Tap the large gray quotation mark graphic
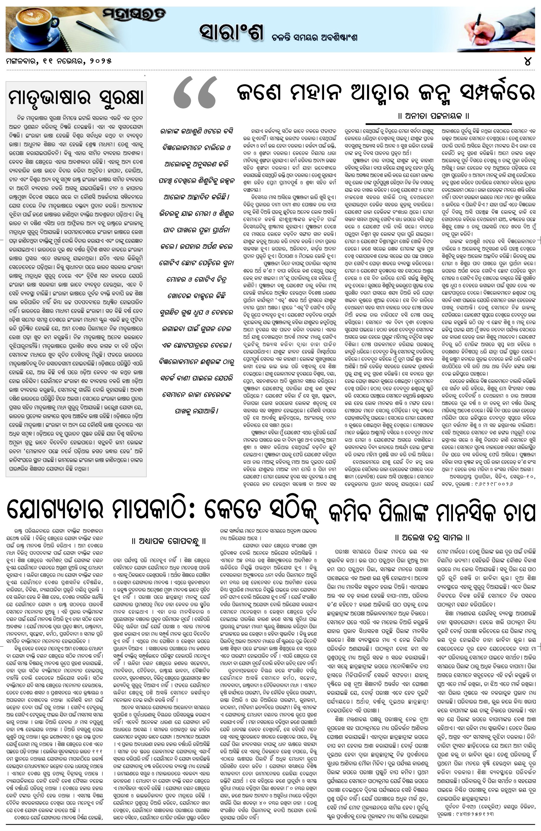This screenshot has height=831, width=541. coord(195,92)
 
